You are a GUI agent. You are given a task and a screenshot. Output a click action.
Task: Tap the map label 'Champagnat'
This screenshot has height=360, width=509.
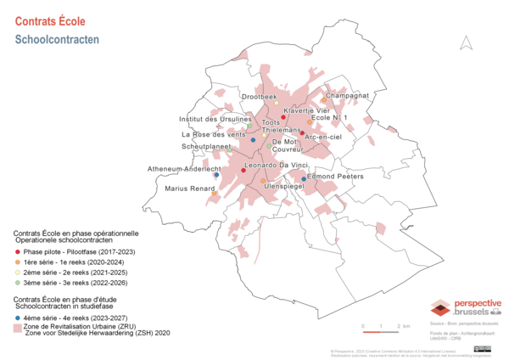[347, 96]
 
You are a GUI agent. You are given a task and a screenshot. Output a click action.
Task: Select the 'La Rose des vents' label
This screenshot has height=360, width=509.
[214, 134]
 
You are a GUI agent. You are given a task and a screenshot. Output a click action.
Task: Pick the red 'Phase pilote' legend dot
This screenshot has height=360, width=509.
[18, 252]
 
